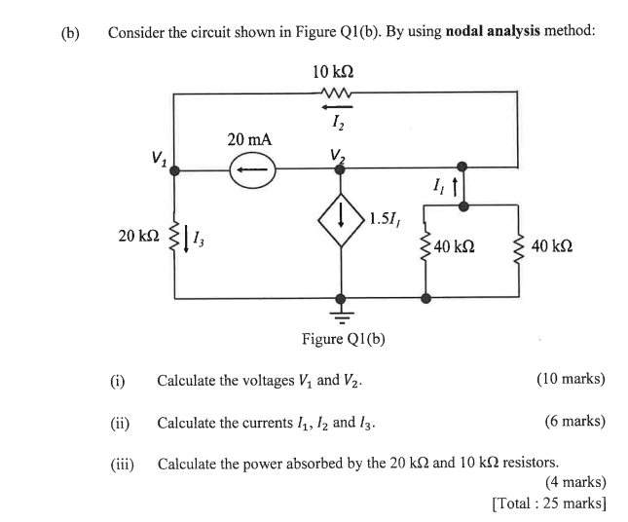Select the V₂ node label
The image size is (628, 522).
pos(337,154)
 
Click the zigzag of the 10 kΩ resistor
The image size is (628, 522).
pos(334,94)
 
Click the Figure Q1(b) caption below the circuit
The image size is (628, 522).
pos(344,339)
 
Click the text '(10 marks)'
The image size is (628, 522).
pos(570,379)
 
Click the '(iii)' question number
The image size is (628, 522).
pos(122,464)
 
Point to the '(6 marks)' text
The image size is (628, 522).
pos(573,423)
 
